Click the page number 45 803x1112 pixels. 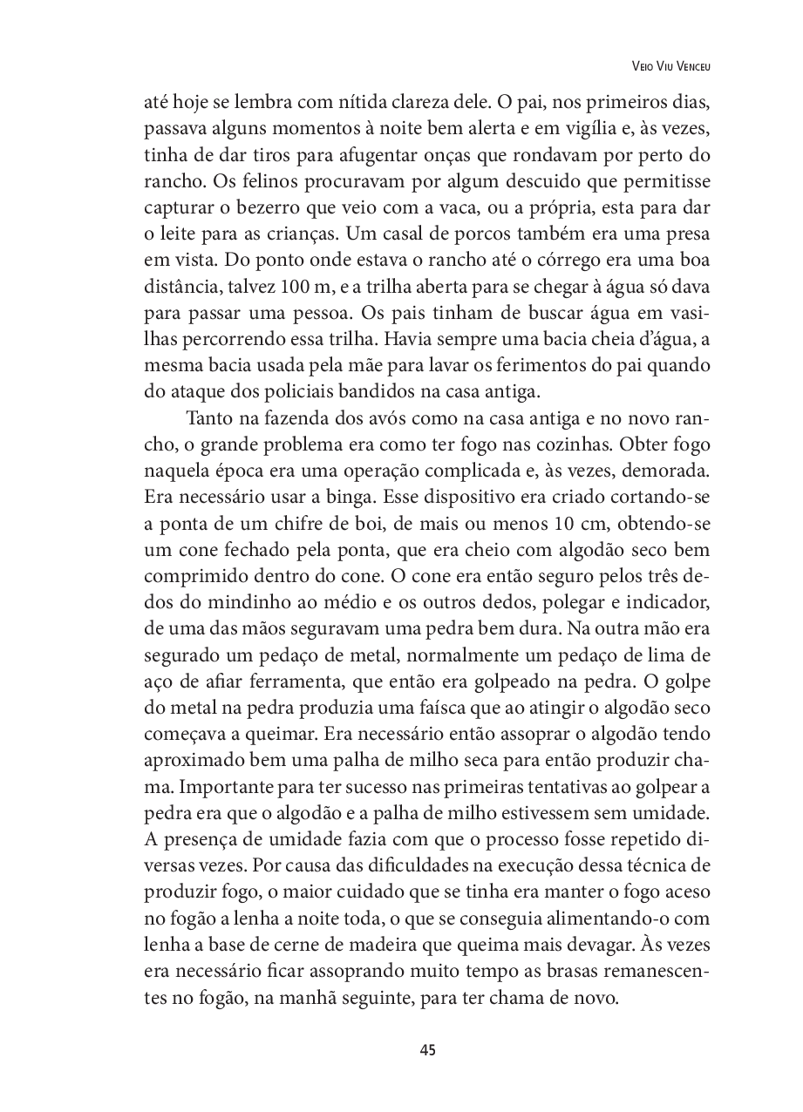[x=427, y=1049]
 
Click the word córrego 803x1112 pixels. [x=537, y=261]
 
